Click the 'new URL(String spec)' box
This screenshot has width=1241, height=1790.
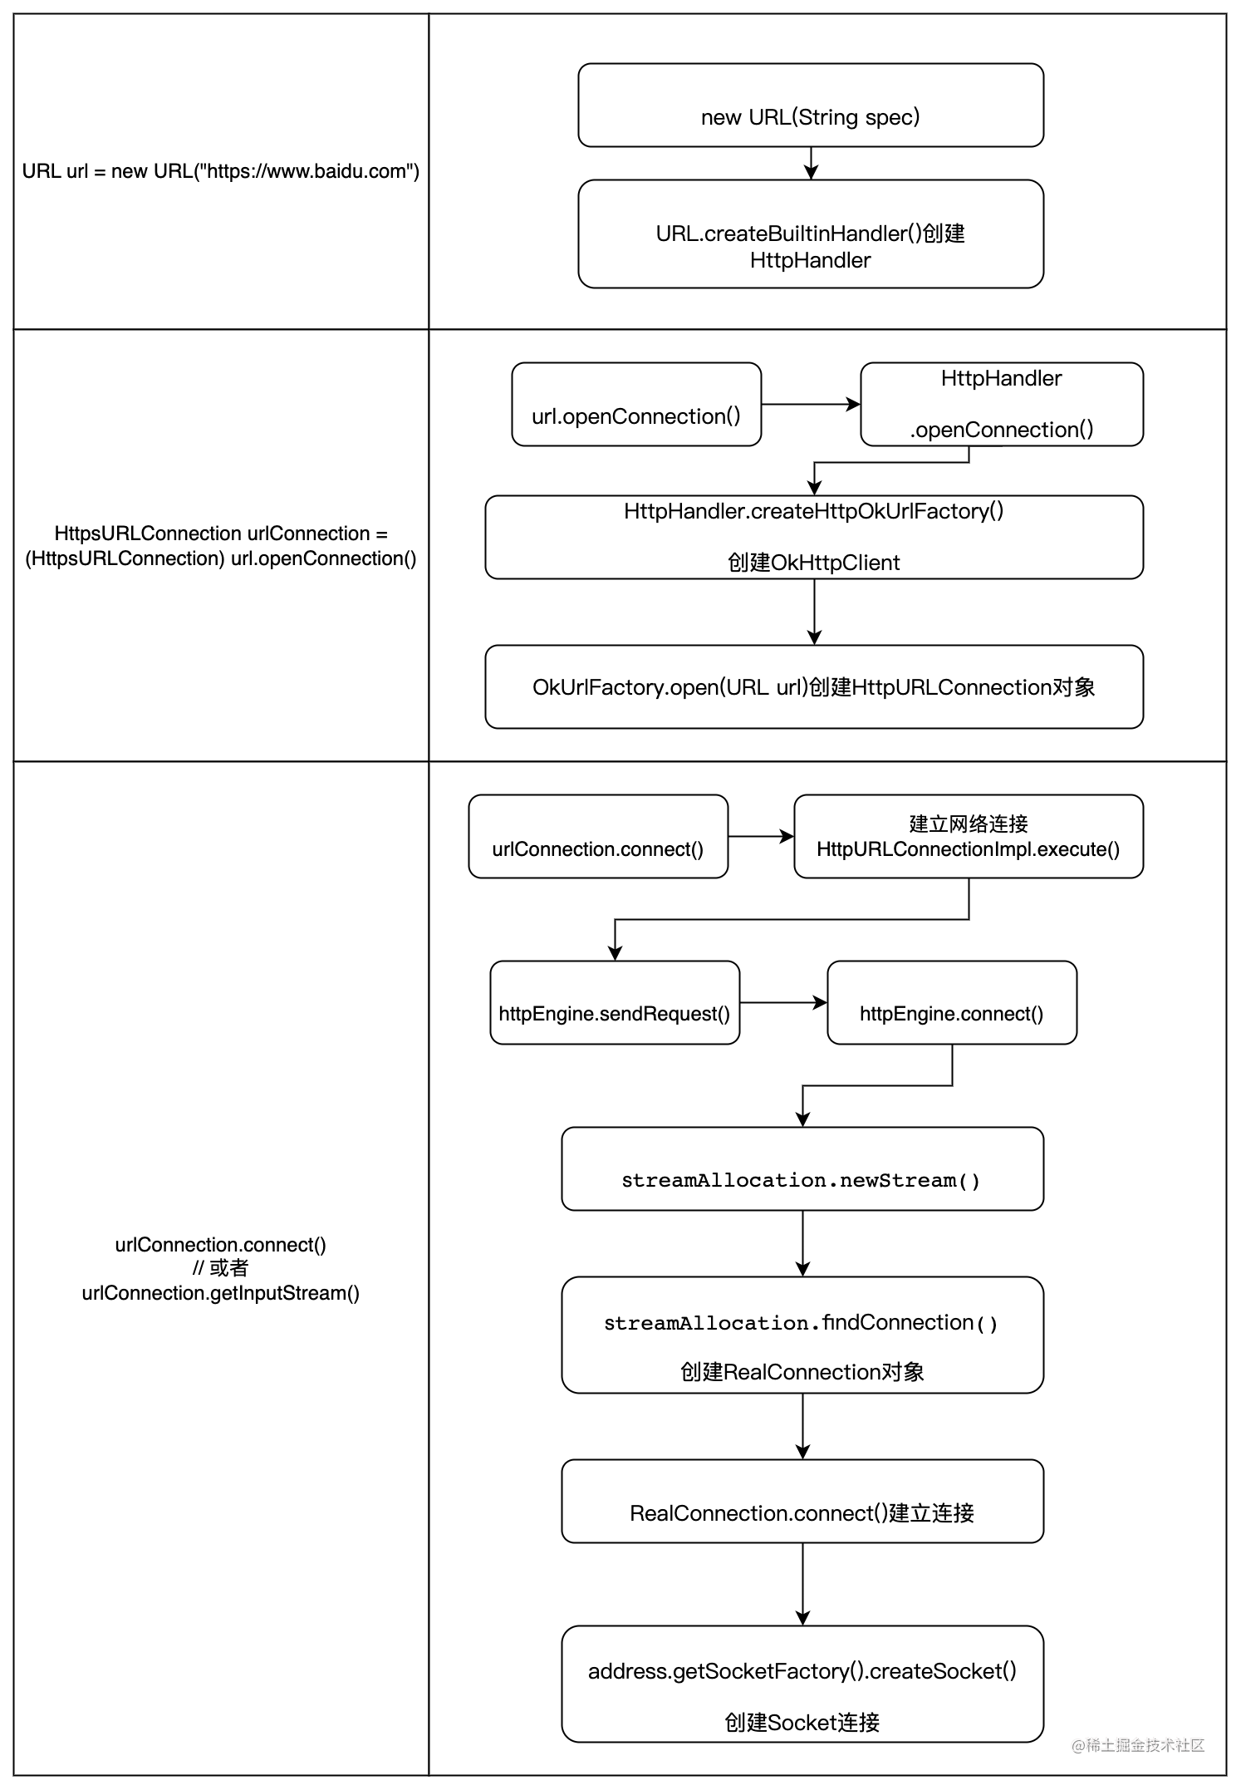coord(810,106)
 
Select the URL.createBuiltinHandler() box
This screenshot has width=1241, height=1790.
coord(810,234)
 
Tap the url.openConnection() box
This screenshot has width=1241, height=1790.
coord(636,405)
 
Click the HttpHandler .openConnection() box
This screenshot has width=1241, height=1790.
coord(1001,405)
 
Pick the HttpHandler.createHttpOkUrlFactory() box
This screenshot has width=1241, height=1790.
coord(813,538)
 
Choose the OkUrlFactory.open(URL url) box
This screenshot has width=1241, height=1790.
coord(813,687)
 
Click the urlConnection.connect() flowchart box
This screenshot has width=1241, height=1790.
coord(598,837)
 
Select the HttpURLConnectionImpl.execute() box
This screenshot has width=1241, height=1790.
coord(968,837)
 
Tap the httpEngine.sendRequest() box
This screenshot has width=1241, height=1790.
coord(615,1003)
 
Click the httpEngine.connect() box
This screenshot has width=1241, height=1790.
coord(951,1003)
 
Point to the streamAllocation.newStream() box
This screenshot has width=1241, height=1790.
coord(802,1169)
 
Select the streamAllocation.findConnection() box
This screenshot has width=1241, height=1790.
coord(802,1335)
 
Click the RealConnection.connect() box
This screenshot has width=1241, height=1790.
coord(802,1502)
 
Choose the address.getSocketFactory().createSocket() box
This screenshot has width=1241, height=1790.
coord(802,1684)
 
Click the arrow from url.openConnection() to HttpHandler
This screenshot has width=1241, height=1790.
coord(810,405)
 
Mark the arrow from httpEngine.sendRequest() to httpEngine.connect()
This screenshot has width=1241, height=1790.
coord(782,1003)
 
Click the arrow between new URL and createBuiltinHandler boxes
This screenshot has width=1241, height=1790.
coord(811,163)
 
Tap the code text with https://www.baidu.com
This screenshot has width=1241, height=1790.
coord(220,171)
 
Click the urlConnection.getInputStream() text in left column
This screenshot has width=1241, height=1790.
coord(220,1293)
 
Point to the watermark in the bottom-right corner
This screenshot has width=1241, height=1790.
coord(1137,1745)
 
